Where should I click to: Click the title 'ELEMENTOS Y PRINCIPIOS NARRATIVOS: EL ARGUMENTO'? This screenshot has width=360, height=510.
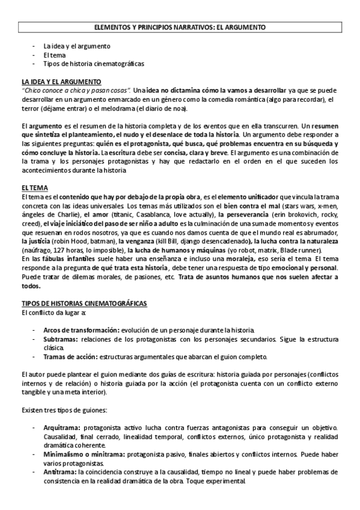click(180, 27)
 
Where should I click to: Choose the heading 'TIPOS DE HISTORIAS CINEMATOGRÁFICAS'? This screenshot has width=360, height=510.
click(84, 303)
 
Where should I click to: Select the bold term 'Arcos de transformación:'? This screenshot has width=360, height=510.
click(82, 330)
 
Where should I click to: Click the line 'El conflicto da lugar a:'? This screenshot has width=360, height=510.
click(53, 313)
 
